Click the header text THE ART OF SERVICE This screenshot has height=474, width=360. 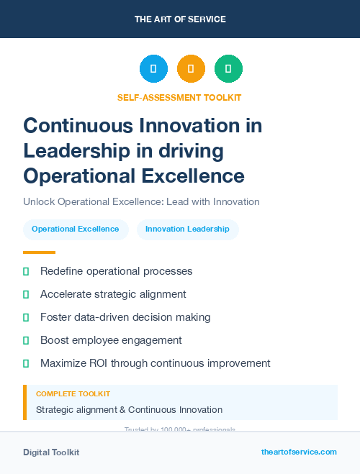click(180, 19)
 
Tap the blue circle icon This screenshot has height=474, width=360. click(153, 69)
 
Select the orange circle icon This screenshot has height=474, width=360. click(191, 69)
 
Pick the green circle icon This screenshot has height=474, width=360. click(228, 69)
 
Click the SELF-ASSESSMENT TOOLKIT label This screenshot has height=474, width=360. click(179, 98)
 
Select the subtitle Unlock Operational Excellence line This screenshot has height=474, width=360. click(141, 201)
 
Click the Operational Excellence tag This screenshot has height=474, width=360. click(76, 229)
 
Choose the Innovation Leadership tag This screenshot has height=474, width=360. click(187, 229)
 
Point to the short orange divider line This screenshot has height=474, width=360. click(39, 252)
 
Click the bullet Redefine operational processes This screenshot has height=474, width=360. click(116, 272)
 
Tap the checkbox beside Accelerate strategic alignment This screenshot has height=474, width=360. click(26, 295)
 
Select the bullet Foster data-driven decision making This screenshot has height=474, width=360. click(125, 317)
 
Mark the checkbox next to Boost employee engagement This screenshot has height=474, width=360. click(26, 340)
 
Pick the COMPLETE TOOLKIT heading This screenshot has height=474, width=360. click(73, 394)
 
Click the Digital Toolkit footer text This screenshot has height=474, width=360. click(51, 452)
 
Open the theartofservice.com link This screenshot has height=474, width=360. click(299, 452)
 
